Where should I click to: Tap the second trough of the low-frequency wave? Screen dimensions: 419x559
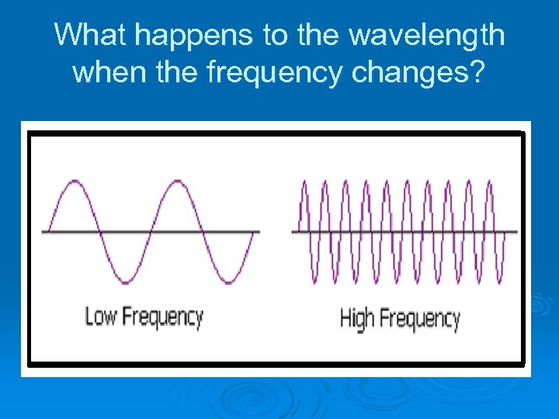227,281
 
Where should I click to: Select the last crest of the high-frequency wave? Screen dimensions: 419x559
489,182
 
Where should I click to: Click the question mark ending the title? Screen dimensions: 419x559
477,72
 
